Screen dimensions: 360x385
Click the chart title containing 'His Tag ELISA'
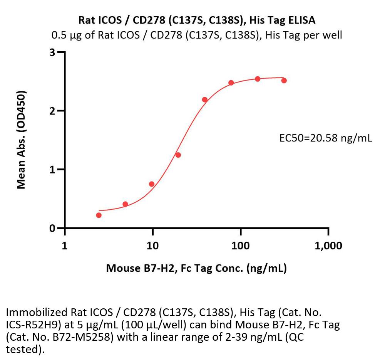point(197,20)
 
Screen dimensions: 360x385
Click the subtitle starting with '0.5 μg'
point(197,35)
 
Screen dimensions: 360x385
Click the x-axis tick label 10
point(152,246)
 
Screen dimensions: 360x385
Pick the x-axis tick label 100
point(240,246)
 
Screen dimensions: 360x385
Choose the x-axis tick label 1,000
point(328,246)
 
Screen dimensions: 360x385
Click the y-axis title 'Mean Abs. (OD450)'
point(22,140)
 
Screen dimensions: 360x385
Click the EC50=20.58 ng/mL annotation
point(326,138)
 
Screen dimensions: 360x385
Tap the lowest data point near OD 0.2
point(99,215)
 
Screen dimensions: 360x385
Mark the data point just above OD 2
point(205,100)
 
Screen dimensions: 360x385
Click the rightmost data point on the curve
point(284,81)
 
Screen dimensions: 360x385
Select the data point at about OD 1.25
point(178,155)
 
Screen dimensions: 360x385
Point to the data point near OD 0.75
point(152,184)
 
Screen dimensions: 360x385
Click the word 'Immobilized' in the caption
point(32,312)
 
